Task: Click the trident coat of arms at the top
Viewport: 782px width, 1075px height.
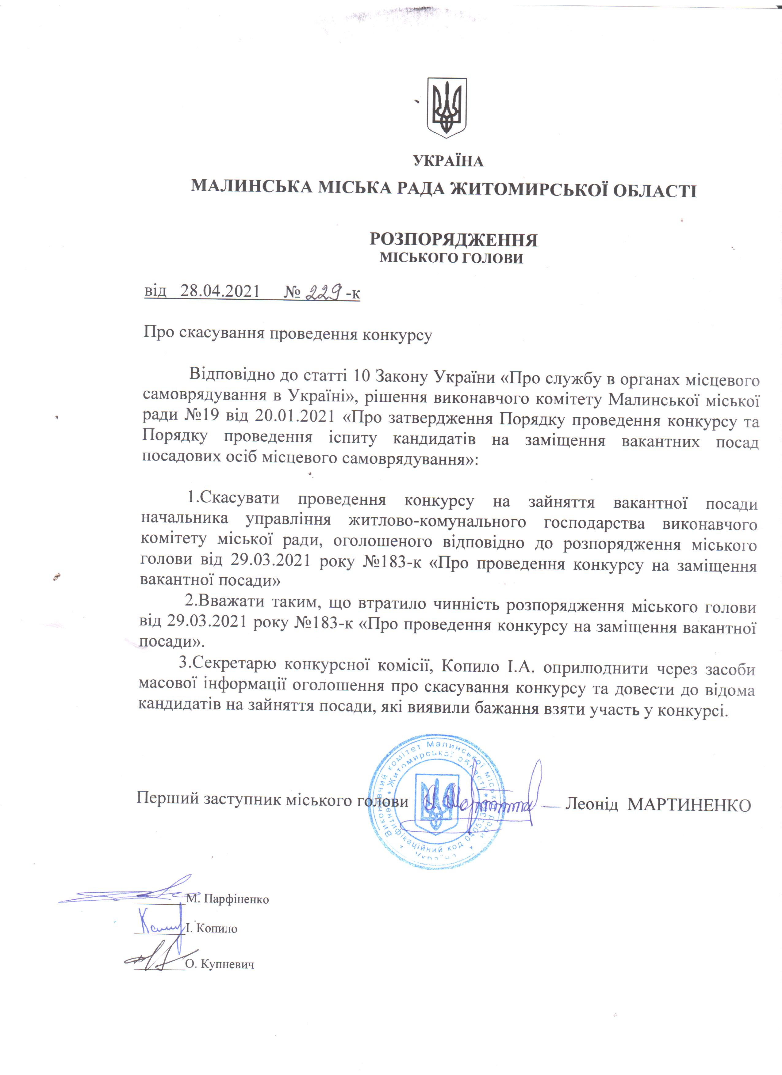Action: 447,108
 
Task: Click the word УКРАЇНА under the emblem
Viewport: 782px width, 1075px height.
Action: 448,161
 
